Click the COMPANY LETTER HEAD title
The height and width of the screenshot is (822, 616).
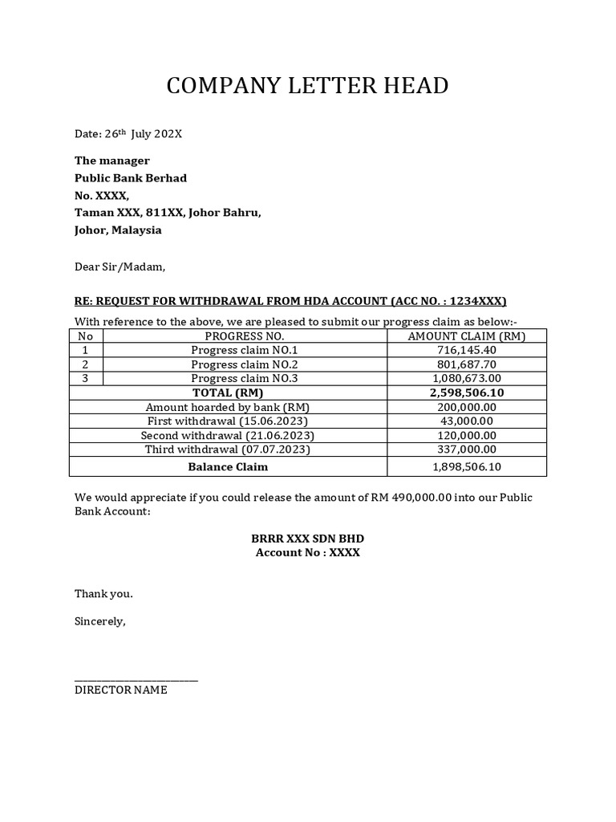pos(307,86)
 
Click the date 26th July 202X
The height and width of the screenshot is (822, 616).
pos(128,134)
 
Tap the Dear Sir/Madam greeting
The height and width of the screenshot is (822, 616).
pos(120,266)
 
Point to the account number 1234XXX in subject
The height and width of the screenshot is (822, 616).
pos(477,301)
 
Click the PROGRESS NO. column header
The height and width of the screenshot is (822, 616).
pos(245,336)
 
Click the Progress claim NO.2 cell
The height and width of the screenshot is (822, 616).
pos(245,364)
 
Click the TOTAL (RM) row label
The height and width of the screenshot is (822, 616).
pos(229,393)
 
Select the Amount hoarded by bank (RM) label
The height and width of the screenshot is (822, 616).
pos(228,407)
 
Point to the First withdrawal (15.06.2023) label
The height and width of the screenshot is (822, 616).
pos(228,421)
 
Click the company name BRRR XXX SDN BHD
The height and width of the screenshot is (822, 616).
pos(307,537)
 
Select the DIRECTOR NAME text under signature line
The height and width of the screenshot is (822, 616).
pos(121,690)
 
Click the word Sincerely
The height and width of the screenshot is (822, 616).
pos(100,621)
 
